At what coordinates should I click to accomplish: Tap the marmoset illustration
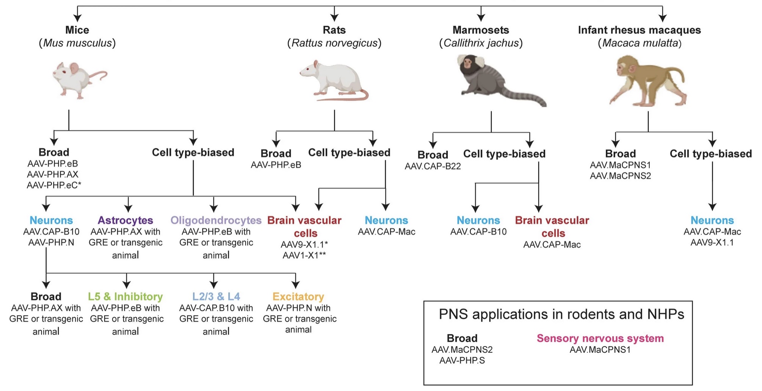tap(500, 80)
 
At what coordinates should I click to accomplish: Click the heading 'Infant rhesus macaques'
tap(640, 30)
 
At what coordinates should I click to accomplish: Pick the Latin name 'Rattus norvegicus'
tap(334, 43)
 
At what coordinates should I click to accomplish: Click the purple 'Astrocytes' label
tap(125, 220)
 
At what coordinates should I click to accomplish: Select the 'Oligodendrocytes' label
tap(216, 220)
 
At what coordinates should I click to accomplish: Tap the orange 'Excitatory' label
tap(298, 296)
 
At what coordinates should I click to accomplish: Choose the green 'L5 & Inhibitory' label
tap(125, 296)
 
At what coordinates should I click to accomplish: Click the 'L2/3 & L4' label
tap(216, 296)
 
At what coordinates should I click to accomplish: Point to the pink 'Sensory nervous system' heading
tap(601, 338)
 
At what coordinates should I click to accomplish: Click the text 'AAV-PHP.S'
tap(462, 361)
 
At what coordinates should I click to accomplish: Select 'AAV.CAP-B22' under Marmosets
tap(433, 166)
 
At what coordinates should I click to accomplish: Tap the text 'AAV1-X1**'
tap(304, 255)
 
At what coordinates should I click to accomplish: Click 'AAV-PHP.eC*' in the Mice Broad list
tap(54, 185)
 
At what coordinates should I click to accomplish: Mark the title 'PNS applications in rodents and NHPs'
tap(561, 314)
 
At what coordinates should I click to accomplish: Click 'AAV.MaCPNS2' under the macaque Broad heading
tap(621, 176)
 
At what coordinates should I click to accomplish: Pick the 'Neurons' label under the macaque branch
tap(712, 220)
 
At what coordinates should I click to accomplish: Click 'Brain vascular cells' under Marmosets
tap(552, 227)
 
